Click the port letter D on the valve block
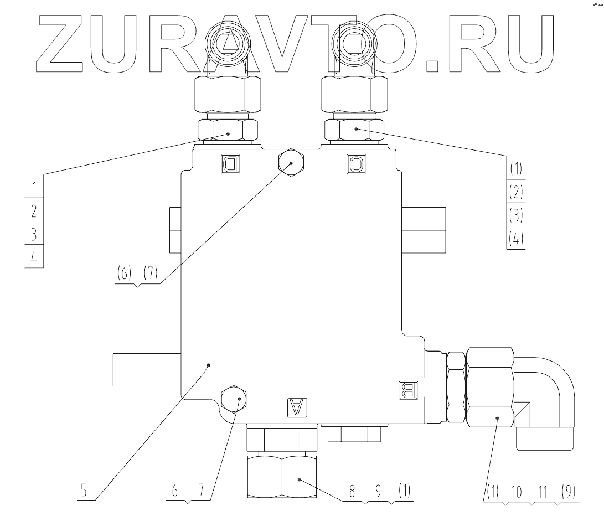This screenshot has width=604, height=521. pos(229,163)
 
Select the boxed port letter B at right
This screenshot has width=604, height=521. pos(407,391)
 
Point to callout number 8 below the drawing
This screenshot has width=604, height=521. pos(350,491)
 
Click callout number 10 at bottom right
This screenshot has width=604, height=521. pos(516,491)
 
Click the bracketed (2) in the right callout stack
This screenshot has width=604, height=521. pos(516,192)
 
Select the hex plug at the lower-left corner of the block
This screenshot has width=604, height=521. pos(235,399)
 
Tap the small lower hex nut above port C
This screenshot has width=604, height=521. pos(352,130)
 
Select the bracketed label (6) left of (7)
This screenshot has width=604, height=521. pos(126,274)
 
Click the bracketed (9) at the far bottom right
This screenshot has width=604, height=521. pos(567,491)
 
